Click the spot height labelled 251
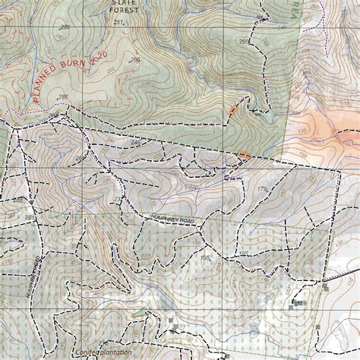tap(118, 23)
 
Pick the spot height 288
tap(62, 96)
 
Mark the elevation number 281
tap(30, 218)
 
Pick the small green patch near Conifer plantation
tap(137, 314)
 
